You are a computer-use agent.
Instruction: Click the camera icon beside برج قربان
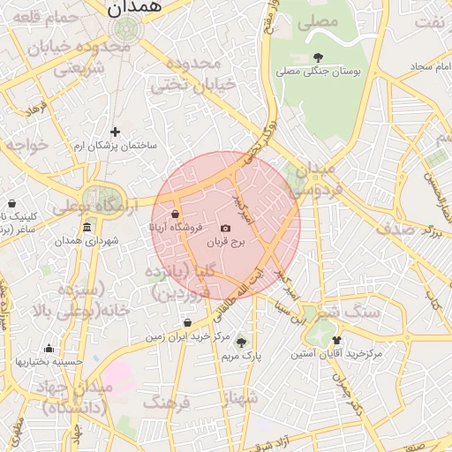[225, 229]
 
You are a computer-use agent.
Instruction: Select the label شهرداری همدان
[86, 241]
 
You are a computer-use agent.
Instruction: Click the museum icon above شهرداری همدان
[86, 229]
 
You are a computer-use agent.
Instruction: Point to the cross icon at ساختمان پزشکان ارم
[115, 132]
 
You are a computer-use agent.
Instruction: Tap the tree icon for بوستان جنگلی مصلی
[318, 57]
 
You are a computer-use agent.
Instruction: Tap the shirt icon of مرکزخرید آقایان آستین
[335, 340]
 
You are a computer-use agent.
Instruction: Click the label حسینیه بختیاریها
[49, 361]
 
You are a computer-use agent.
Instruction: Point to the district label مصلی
[320, 19]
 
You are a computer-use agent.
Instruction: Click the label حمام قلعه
[35, 17]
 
